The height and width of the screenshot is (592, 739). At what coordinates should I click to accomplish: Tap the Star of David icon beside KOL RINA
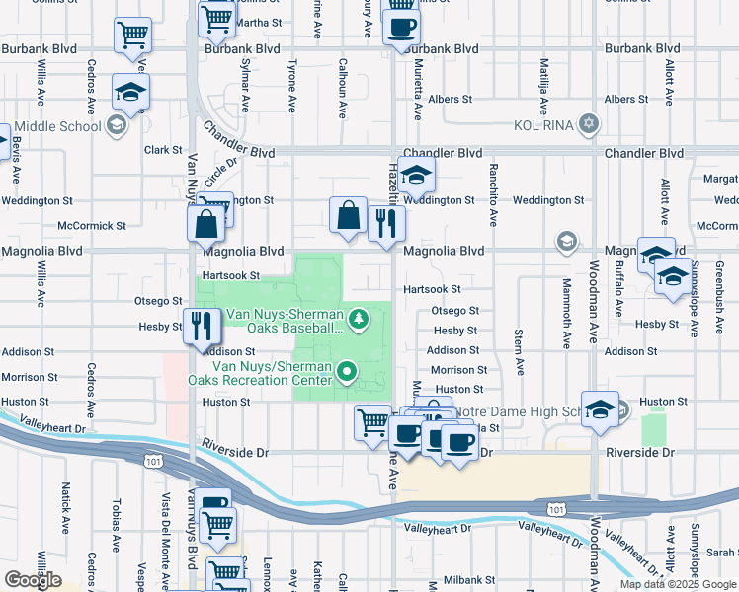589,124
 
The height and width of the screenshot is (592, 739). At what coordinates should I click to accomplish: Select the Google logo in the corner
33,580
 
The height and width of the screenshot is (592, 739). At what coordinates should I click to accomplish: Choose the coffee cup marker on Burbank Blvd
401,26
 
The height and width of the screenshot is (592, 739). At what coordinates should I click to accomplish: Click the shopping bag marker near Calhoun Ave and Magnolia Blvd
349,216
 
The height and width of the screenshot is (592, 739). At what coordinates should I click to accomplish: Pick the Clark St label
162,151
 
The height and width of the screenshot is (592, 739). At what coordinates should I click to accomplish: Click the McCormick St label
92,226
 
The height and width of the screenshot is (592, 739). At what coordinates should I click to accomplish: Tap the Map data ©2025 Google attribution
678,584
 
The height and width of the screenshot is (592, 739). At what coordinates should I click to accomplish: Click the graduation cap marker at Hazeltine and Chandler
417,176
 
